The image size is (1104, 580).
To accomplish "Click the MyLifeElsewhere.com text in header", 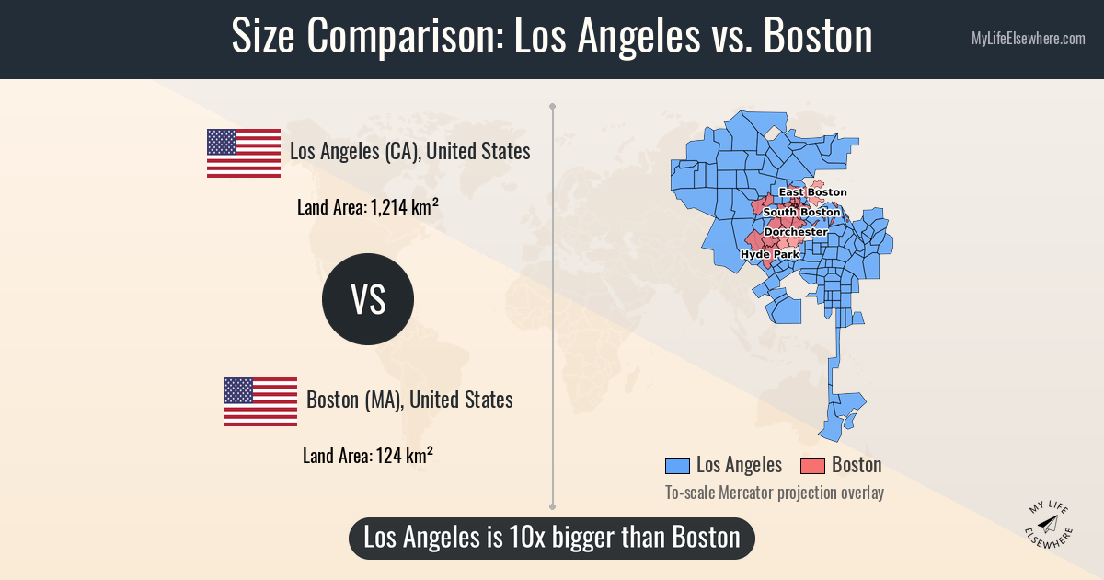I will coord(1028,39).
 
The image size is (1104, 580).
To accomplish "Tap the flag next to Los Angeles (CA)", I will coord(244,153).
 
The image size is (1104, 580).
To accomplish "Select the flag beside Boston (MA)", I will coord(260,401).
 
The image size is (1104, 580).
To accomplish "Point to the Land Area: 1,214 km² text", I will coord(366,207).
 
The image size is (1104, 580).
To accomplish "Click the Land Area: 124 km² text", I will coord(368,456).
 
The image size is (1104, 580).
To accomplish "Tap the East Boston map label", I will coord(812,192).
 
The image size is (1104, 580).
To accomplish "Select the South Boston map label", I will coord(801,213).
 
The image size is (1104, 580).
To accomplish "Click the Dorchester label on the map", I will coord(796,232).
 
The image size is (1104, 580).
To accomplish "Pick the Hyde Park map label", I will coord(769,254).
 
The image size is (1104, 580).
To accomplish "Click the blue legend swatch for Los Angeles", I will coord(677,465).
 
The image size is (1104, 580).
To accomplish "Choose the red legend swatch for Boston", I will coord(813,465).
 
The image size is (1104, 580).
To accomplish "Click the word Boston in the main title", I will coord(818,39).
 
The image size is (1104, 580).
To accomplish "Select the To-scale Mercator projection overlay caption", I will coord(774,493).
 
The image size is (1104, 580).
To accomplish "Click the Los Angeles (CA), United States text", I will coord(409,151).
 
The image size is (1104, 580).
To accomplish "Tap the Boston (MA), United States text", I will coord(409,400).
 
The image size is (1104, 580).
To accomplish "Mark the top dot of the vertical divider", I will coord(552,106).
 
